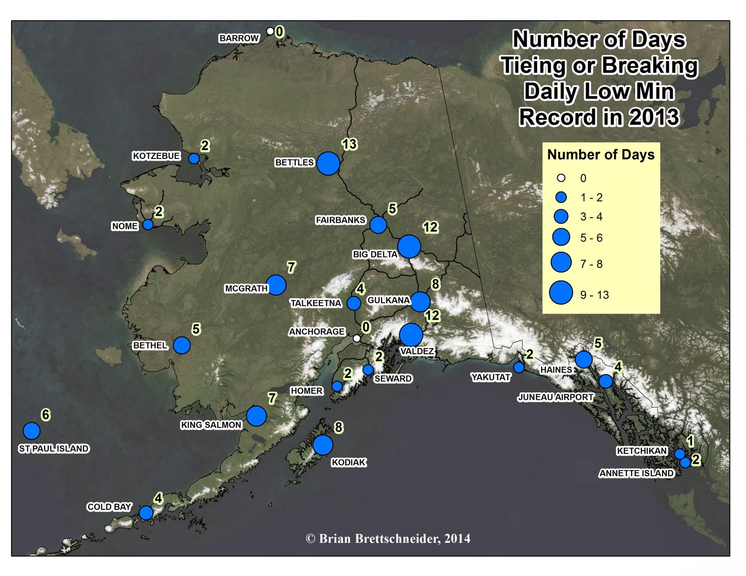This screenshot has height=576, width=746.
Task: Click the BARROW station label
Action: pos(239,38)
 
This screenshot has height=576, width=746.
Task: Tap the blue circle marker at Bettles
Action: pos(328,163)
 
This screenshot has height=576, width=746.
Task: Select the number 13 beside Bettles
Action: pos(349,144)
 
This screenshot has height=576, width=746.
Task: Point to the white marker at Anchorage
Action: pos(357,338)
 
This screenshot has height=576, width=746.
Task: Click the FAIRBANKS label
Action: pos(340,220)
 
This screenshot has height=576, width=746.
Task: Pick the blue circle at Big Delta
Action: pos(409,246)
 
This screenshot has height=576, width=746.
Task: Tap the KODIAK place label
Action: pos(349,462)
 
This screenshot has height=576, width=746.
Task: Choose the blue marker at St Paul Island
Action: pos(32,431)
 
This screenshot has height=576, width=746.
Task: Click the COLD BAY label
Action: pos(109,507)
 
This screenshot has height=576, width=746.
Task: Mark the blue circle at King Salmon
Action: pos(256,416)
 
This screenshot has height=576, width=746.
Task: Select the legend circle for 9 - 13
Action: pos(561,293)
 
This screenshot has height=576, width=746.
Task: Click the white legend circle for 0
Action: pos(561,178)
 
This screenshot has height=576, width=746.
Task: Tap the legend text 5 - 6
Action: pos(591,238)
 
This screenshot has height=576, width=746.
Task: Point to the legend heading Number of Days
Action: pos(601,155)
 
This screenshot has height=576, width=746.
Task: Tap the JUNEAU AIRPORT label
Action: pos(555,397)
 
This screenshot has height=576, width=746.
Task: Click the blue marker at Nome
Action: pos(148,225)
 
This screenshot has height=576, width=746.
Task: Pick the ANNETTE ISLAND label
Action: pos(636,473)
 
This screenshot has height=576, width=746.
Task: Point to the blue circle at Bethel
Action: pos(182,345)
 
